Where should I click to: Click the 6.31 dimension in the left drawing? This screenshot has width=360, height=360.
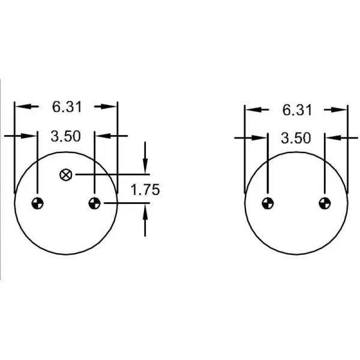pos(67,107)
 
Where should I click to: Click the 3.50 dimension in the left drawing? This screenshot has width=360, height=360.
pos(66,136)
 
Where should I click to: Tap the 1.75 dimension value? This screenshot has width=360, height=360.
pos(145,190)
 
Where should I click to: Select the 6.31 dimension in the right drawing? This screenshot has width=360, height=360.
pos(296,110)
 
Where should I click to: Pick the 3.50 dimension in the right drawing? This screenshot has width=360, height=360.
pos(296,139)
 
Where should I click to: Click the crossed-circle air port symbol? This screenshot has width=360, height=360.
pos(66,175)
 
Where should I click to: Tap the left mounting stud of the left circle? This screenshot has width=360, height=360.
pos(37,203)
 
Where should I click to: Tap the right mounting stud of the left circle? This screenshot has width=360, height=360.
pos(94,203)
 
